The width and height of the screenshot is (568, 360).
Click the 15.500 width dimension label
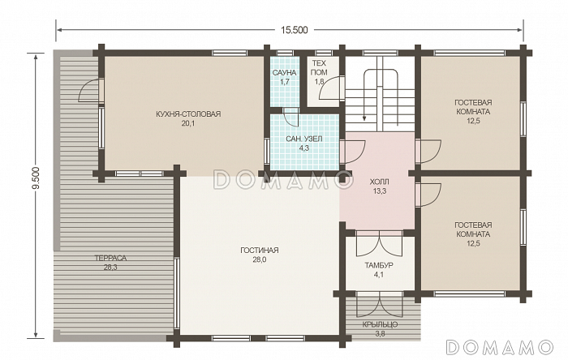294,30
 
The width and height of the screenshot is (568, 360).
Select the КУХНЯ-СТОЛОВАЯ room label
188,114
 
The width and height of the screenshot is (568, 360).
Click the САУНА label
284,73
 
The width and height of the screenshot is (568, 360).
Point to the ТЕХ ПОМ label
319,67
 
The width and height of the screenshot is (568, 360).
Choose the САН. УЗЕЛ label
304,139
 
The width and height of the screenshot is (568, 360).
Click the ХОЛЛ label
379,182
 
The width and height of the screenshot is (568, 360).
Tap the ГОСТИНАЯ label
260,250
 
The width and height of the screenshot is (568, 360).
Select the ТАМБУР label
379,265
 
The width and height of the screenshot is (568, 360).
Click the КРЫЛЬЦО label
380,324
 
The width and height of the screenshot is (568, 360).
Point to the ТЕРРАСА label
110,259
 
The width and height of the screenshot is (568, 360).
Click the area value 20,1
188,124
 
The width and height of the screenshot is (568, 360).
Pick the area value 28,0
260,259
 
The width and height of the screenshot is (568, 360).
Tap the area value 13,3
379,191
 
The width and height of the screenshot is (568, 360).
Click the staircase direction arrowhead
364,118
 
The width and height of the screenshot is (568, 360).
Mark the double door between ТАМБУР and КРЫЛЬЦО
379,305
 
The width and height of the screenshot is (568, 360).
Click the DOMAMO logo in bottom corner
500,347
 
